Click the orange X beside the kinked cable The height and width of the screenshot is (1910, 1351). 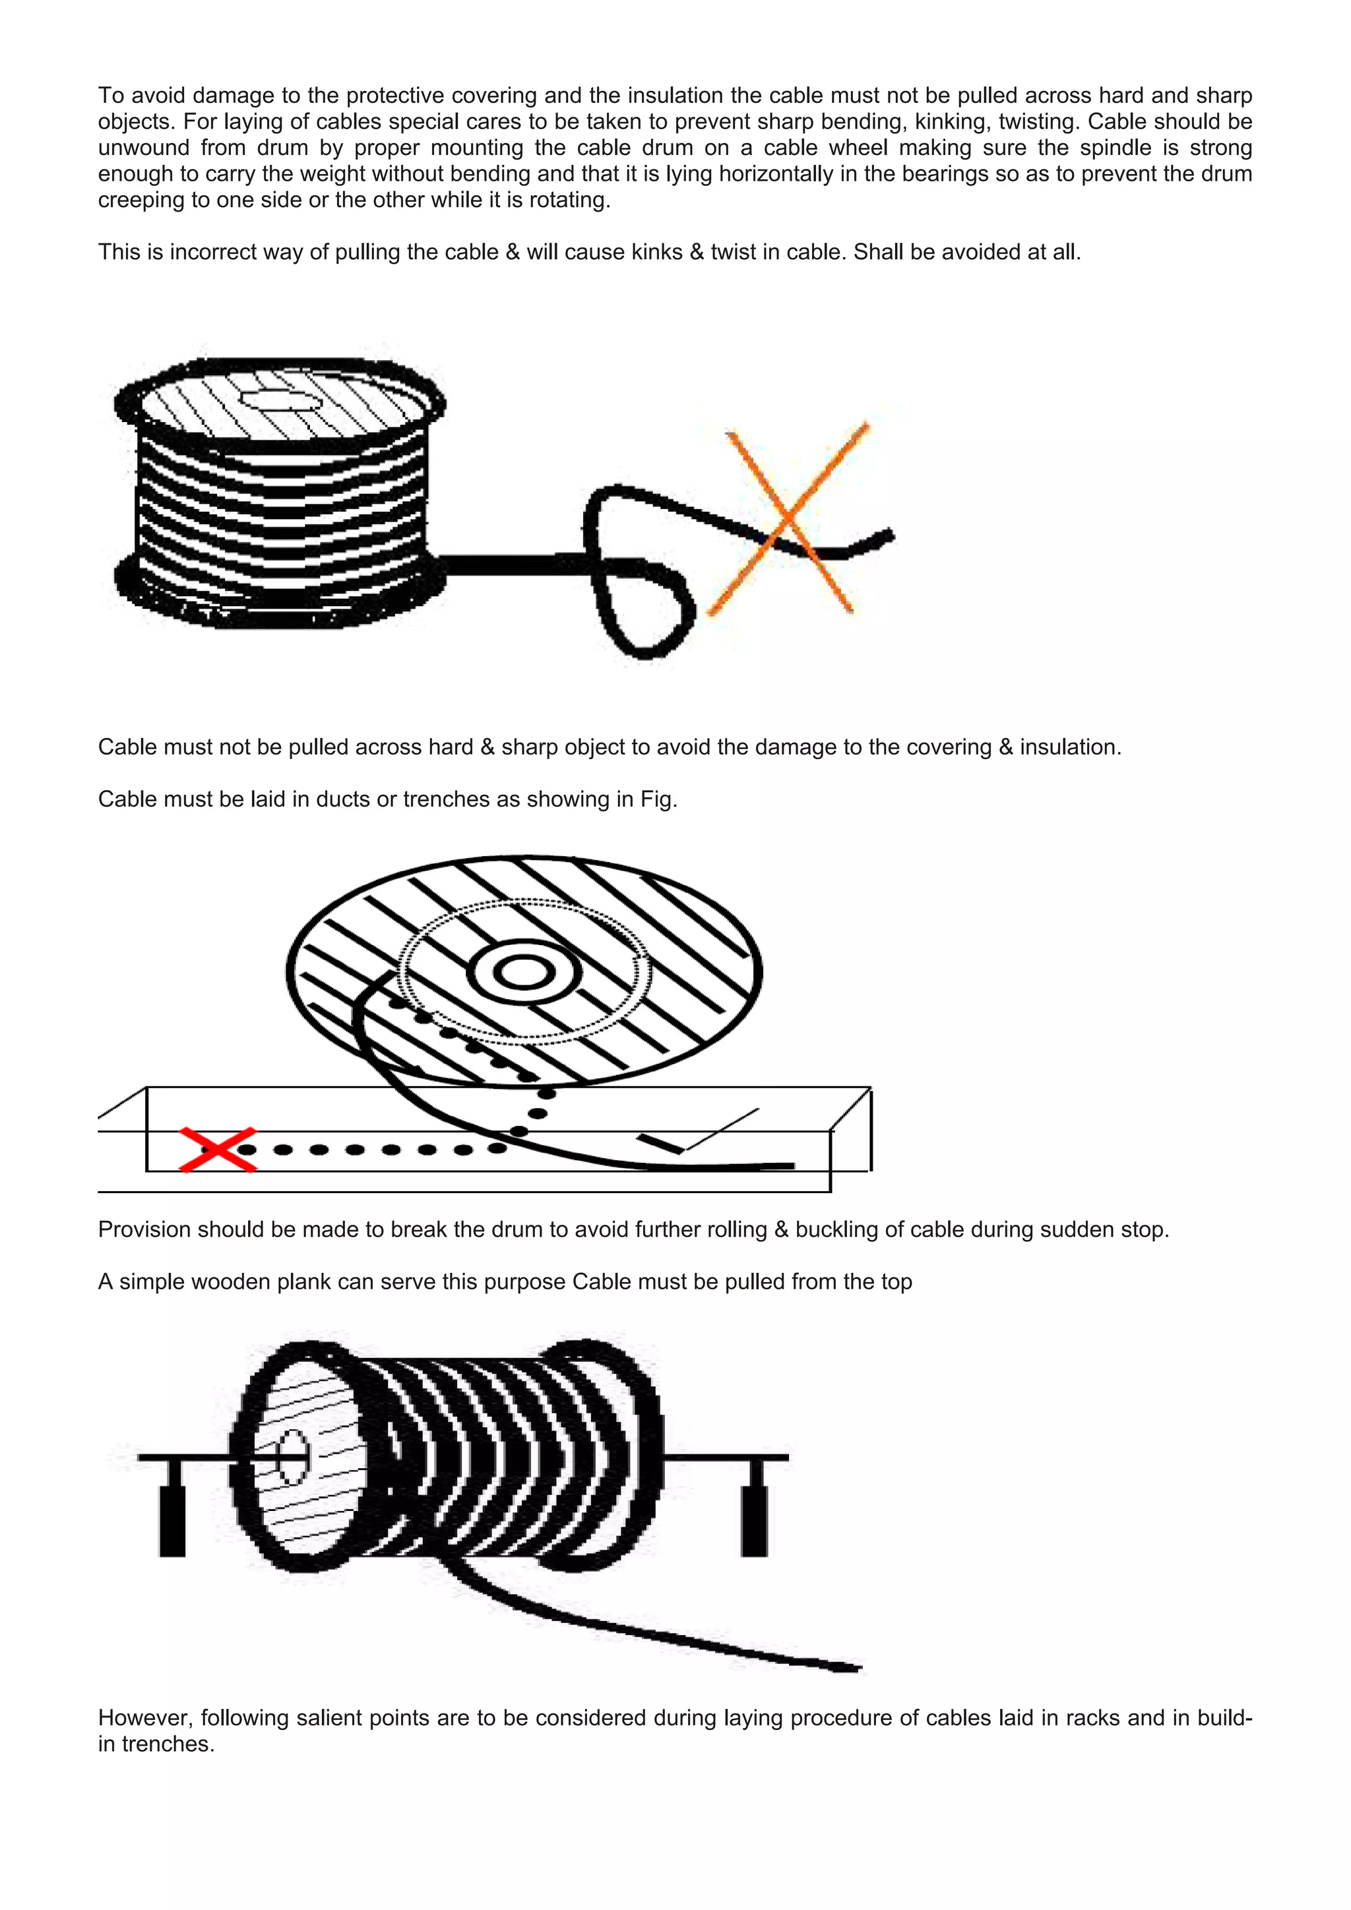(x=788, y=519)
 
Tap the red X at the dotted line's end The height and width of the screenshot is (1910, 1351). (x=218, y=1150)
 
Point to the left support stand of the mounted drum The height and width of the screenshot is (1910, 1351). (x=172, y=1508)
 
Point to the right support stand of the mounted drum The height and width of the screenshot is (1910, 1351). (x=755, y=1508)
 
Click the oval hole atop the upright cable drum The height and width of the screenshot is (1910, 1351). (x=280, y=401)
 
